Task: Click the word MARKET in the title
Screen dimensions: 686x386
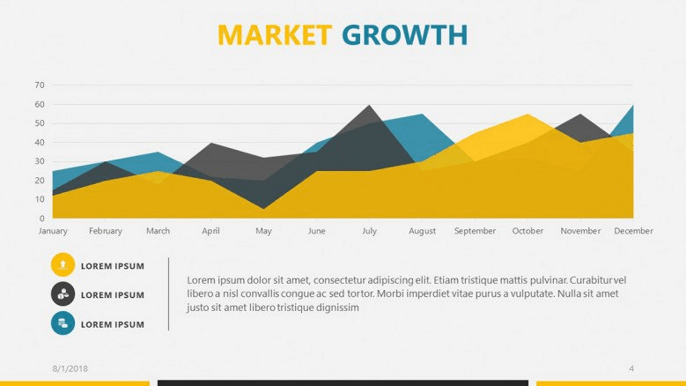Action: [275, 35]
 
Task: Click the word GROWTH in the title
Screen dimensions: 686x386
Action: [405, 35]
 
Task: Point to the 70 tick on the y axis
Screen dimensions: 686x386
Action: [40, 85]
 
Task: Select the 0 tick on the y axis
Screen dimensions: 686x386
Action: [42, 218]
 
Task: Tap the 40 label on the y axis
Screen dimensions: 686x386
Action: [40, 142]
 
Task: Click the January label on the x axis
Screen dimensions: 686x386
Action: [53, 231]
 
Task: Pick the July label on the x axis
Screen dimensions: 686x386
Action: [369, 231]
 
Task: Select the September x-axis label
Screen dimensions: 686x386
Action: [475, 231]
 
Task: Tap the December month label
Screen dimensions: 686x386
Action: [633, 231]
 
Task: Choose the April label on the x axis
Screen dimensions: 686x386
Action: [210, 231]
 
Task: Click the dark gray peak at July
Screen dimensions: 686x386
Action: [369, 106]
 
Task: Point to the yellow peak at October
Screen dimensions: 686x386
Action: [528, 115]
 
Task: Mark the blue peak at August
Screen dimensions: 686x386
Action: [422, 115]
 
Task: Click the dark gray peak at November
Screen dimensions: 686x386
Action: [580, 115]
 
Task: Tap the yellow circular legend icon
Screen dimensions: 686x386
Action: [63, 264]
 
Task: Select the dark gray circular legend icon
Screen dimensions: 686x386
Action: [63, 294]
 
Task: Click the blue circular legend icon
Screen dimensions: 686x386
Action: [63, 323]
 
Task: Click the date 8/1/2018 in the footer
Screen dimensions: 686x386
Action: [70, 369]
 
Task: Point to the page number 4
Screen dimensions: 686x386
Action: [631, 369]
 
